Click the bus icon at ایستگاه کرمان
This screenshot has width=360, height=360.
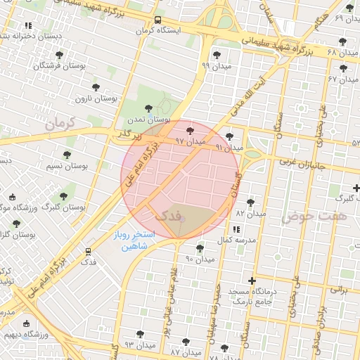(x=157, y=20)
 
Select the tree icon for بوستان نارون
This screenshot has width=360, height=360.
(x=95, y=88)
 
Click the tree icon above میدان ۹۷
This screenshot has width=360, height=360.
(x=189, y=130)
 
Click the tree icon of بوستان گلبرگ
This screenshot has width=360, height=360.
(x=63, y=196)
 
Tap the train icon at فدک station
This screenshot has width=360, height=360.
(x=88, y=250)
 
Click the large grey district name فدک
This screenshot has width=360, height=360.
(x=167, y=214)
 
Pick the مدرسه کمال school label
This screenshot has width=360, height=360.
(x=233, y=241)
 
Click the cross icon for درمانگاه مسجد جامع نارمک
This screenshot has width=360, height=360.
(x=252, y=281)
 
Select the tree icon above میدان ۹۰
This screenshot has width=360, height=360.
(x=200, y=248)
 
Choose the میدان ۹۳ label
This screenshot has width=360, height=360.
(x=139, y=345)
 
